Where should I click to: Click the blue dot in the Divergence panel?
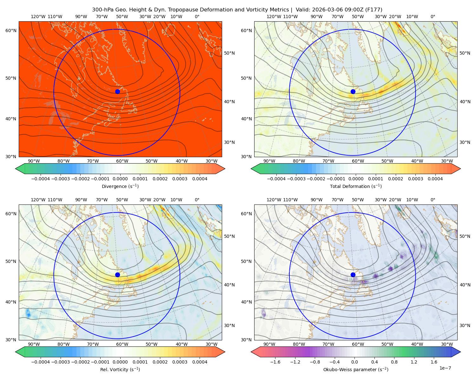pyautogui.click(x=117, y=91)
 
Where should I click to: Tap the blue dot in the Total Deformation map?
pyautogui.click(x=353, y=91)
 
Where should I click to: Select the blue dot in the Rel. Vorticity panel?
pyautogui.click(x=117, y=275)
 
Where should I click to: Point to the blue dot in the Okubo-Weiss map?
pyautogui.click(x=353, y=275)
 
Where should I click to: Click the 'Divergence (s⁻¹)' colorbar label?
pyautogui.click(x=120, y=186)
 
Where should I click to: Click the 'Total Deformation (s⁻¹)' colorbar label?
pyautogui.click(x=356, y=186)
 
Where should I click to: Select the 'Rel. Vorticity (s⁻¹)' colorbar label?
pyautogui.click(x=120, y=369)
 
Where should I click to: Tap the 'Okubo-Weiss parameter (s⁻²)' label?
pyautogui.click(x=356, y=369)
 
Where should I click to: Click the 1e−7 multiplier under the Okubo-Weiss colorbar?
pyautogui.click(x=445, y=368)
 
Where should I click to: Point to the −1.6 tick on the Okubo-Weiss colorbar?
pyautogui.click(x=275, y=362)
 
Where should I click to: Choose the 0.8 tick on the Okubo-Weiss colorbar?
pyautogui.click(x=394, y=362)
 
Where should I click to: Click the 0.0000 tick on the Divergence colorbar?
pyautogui.click(x=120, y=179)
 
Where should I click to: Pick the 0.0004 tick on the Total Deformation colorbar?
pyautogui.click(x=435, y=179)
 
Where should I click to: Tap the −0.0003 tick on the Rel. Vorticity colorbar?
pyautogui.click(x=60, y=362)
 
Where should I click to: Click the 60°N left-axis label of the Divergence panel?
pyautogui.click(x=11, y=30)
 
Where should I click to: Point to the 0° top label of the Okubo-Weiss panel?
pyautogui.click(x=433, y=200)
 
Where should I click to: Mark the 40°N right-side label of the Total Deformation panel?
pyautogui.click(x=465, y=102)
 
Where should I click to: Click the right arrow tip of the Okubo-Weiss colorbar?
pyautogui.click(x=460, y=352)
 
